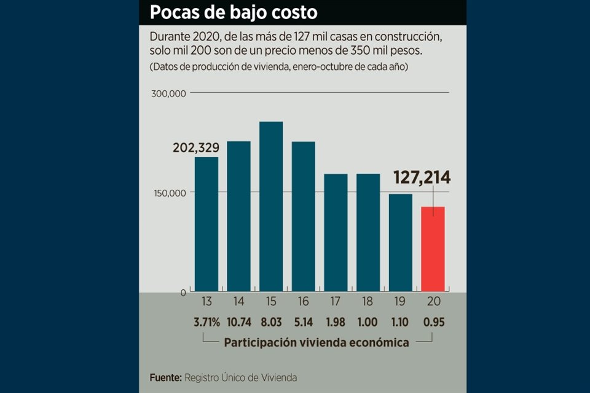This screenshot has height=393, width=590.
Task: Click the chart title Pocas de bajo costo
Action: (x=234, y=12)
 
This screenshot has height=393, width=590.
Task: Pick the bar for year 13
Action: (x=206, y=224)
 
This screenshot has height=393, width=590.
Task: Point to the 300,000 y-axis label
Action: (x=170, y=94)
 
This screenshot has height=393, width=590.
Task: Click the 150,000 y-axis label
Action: (x=170, y=193)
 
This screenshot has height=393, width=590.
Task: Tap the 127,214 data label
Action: (x=422, y=178)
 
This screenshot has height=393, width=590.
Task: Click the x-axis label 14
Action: (x=238, y=302)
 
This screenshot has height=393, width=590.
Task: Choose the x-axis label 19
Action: (x=400, y=302)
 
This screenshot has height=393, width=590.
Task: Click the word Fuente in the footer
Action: (x=165, y=378)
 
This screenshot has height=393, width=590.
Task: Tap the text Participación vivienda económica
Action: (x=317, y=343)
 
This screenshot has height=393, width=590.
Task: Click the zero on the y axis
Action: (x=183, y=293)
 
